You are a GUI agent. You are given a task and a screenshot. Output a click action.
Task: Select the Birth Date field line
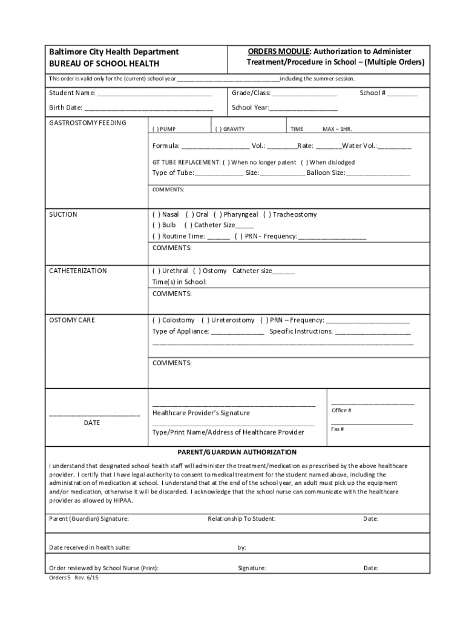click(x=148, y=109)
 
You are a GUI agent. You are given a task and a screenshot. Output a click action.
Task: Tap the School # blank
click(x=402, y=94)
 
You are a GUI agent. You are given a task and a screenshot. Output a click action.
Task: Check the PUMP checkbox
click(x=156, y=129)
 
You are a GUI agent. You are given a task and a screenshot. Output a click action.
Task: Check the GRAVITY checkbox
click(x=219, y=129)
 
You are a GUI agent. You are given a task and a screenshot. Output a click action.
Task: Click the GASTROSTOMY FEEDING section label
click(x=87, y=123)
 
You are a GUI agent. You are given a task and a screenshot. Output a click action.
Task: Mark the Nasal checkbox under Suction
click(x=156, y=214)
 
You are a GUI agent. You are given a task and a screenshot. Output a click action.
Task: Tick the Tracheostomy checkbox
click(x=266, y=214)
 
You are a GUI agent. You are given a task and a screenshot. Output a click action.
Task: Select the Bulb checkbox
click(x=156, y=225)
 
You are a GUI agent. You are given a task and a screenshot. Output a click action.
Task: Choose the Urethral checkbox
click(x=156, y=271)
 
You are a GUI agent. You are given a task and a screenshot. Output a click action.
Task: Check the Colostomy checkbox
click(x=156, y=320)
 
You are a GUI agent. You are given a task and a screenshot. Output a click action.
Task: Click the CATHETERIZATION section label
click(x=77, y=271)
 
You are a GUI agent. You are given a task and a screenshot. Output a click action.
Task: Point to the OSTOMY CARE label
click(x=71, y=320)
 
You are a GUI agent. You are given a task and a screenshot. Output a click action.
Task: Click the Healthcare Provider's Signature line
click(x=234, y=403)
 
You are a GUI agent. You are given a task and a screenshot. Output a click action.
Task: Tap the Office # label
click(x=341, y=411)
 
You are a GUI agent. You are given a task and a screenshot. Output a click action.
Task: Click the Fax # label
click(x=338, y=429)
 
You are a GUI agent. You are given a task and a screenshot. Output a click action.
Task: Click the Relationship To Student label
click(x=241, y=519)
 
